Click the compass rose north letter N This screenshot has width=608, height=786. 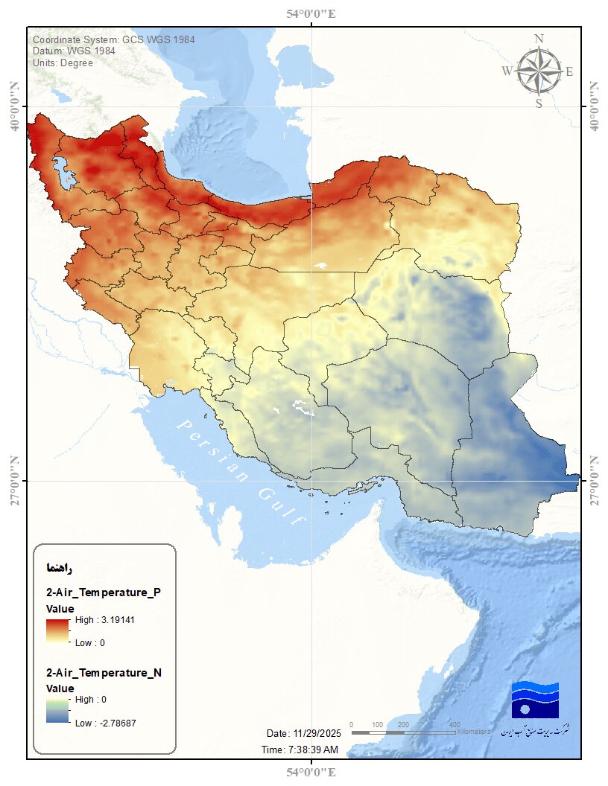[x=539, y=39]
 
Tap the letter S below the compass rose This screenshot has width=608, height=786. [x=539, y=103]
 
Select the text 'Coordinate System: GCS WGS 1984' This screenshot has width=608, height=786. [x=114, y=39]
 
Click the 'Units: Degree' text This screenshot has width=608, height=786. [x=63, y=63]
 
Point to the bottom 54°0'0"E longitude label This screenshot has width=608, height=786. [x=310, y=773]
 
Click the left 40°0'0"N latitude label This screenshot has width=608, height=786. [x=14, y=106]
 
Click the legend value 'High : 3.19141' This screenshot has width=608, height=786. [x=104, y=619]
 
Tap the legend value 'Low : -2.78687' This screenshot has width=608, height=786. [x=105, y=723]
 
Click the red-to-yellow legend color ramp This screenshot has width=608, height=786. [x=57, y=630]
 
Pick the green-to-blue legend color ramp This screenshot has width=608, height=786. [x=57, y=711]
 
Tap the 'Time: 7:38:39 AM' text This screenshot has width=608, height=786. [x=300, y=750]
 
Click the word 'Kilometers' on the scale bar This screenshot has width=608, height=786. [x=474, y=732]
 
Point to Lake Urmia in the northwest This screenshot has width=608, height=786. [x=63, y=171]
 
